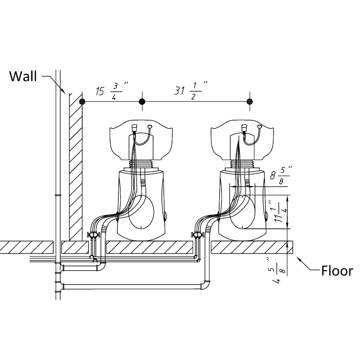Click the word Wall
(x=23, y=76)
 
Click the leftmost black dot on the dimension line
(x=82, y=101)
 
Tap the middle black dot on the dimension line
(x=142, y=101)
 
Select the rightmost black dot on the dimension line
(x=250, y=101)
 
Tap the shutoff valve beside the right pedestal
(x=198, y=236)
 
